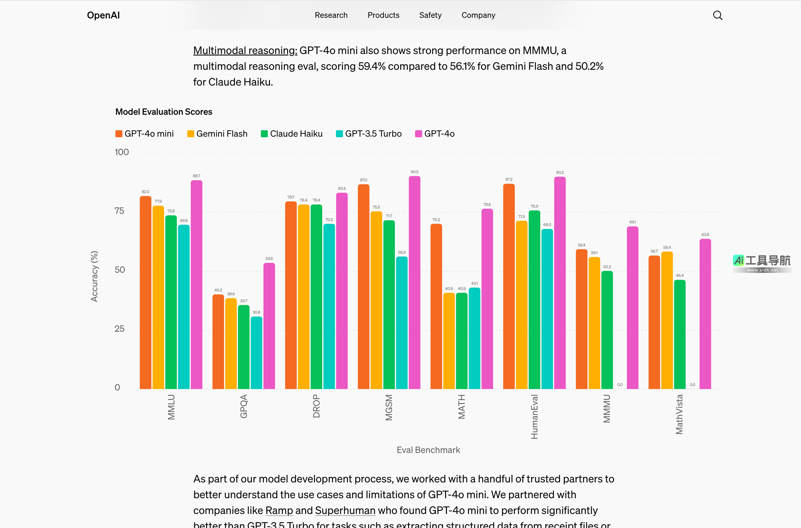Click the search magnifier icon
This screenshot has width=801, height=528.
point(717,15)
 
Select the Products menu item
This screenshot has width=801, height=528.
point(383,15)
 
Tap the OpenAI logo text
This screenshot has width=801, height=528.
point(103,15)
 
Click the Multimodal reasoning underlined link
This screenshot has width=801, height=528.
point(245,51)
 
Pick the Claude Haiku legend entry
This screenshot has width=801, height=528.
point(292,134)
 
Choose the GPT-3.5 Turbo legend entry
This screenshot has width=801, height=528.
point(369,134)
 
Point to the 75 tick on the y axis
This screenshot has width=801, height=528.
point(119,211)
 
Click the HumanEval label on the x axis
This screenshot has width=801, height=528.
point(534,416)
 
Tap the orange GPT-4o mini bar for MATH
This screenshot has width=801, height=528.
point(436,306)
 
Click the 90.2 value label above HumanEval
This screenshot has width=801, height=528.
point(559,172)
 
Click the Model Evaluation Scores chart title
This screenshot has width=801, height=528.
point(164,112)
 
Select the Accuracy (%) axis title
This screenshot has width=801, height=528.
point(94,276)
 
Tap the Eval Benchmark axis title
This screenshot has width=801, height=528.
point(428,450)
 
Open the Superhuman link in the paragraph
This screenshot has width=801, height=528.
point(345,510)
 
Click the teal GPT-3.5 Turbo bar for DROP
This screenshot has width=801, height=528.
point(329,306)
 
